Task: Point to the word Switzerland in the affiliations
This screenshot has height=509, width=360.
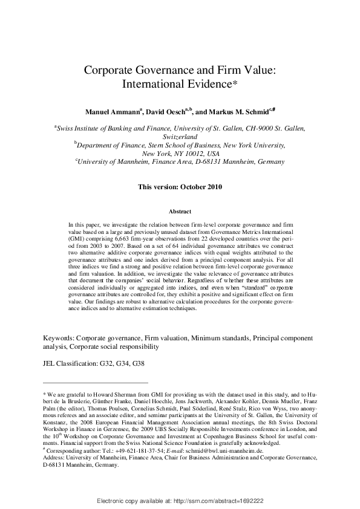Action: tap(180, 137)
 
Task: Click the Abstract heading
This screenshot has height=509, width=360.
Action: tap(180, 212)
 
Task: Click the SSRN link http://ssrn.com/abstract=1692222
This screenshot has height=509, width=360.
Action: tap(219, 501)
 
